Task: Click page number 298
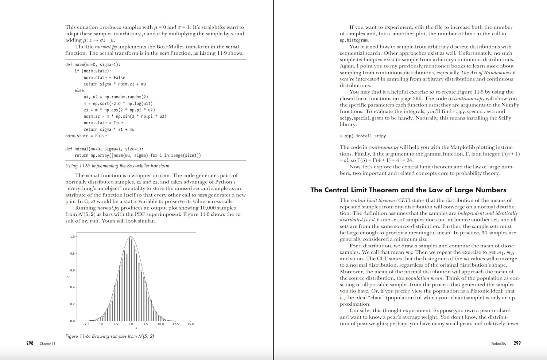[30, 343]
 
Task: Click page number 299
[517, 343]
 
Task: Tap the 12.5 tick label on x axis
[175, 324]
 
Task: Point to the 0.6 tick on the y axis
[73, 270]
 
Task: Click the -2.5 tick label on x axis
[86, 324]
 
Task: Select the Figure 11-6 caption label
[109, 336]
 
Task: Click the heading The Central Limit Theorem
[408, 190]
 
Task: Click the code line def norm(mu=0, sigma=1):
[93, 64]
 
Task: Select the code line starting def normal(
[104, 149]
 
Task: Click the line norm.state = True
[103, 123]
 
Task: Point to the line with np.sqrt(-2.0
[118, 103]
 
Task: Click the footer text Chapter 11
[47, 344]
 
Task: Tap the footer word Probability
[498, 344]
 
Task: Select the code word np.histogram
[354, 40]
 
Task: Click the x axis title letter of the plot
[136, 328]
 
